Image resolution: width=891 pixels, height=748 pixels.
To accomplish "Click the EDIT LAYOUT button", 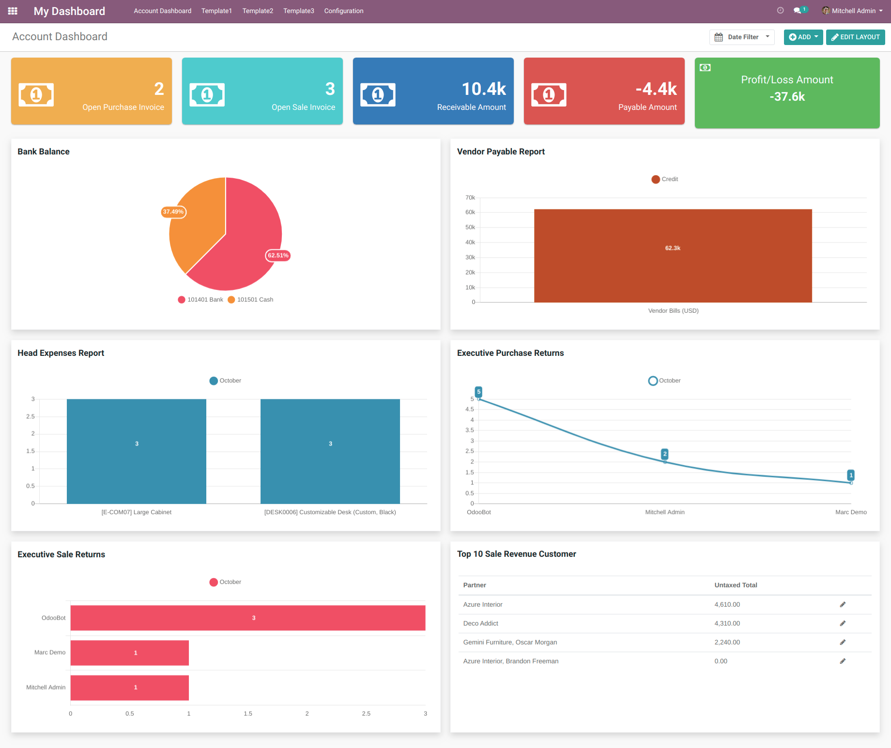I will tap(855, 37).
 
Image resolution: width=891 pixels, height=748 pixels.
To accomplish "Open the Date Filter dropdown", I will tap(742, 37).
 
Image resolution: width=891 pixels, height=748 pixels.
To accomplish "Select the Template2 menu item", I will tap(258, 11).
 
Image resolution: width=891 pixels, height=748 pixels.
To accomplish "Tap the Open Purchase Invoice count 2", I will tap(159, 89).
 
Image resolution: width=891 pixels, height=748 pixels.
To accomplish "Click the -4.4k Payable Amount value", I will tap(656, 89).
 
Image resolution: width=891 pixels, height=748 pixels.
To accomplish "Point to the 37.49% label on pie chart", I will tap(173, 212).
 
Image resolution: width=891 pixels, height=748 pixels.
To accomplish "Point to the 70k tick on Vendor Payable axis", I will tap(470, 198).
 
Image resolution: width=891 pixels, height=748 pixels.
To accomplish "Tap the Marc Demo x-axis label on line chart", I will tap(851, 512).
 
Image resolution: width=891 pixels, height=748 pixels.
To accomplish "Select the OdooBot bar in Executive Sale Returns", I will tap(248, 618).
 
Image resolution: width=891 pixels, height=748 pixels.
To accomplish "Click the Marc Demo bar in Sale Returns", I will tap(130, 653).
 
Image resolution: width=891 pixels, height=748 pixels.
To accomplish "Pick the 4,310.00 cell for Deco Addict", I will tap(727, 624).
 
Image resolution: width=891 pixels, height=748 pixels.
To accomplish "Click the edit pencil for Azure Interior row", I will tap(843, 605).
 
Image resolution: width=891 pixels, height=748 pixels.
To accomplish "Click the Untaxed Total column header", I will tap(736, 585).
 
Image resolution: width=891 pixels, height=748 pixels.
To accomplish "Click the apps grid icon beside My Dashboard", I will tap(13, 11).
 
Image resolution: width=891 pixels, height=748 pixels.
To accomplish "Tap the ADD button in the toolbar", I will tap(803, 37).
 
